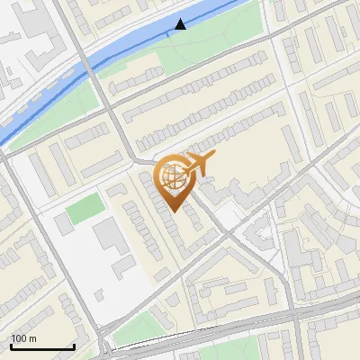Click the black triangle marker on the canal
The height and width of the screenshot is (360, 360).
(x=181, y=24)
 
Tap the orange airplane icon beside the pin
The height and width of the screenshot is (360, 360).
(x=200, y=164)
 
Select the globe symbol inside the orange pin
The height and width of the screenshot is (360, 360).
(x=174, y=175)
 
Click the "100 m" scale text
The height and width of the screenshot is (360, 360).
(x=24, y=338)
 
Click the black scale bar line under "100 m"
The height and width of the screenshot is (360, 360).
(x=42, y=346)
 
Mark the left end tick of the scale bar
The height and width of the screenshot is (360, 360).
(x=11, y=346)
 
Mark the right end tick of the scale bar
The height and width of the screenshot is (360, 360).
(x=74, y=346)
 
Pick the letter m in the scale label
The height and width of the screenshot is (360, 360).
(x=33, y=338)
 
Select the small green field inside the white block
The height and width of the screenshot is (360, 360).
(x=85, y=211)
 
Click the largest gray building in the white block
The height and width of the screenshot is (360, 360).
(x=111, y=235)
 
